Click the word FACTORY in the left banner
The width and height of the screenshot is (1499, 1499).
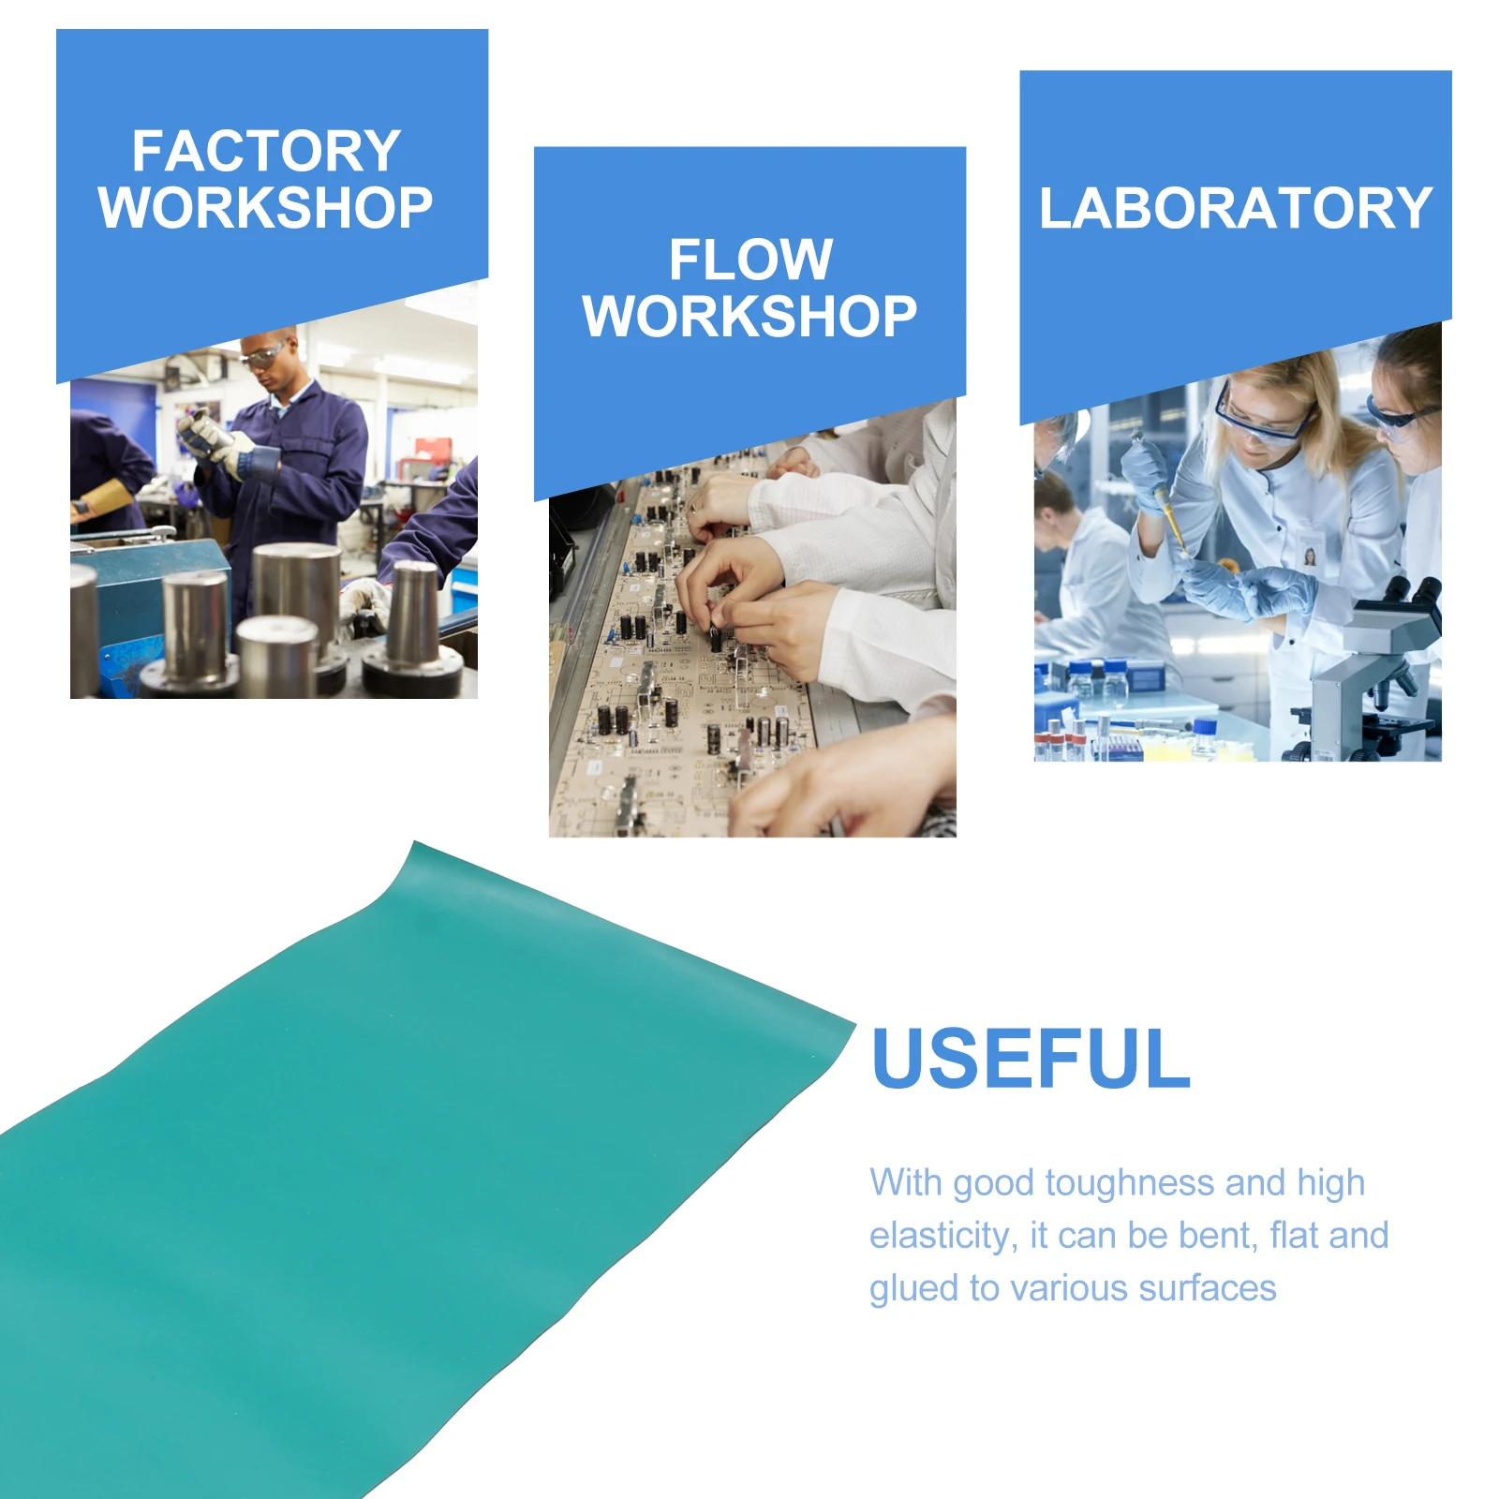(x=266, y=152)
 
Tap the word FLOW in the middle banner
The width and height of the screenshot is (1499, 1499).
(x=750, y=260)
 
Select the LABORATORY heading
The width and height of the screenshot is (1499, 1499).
(x=1236, y=208)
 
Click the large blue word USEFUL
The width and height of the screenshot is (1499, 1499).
(x=1031, y=1059)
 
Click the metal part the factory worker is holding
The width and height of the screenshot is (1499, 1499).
(x=208, y=430)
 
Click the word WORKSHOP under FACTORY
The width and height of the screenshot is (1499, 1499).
(x=266, y=208)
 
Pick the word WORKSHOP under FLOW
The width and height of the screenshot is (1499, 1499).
(x=750, y=317)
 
